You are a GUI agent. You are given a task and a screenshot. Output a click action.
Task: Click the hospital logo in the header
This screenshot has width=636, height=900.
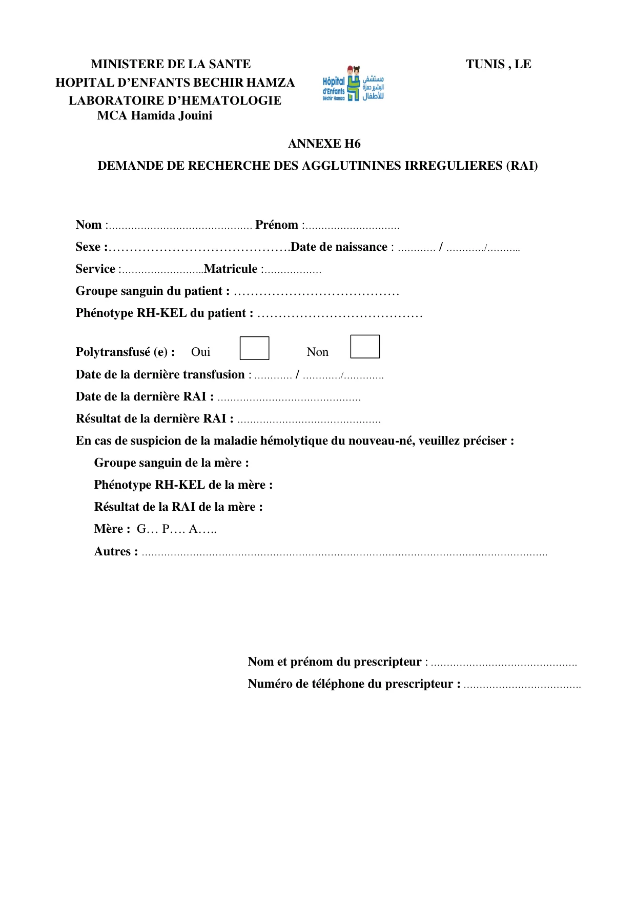coord(353,84)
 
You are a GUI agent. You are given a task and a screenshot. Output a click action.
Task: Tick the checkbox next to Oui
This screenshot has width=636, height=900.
coord(254,348)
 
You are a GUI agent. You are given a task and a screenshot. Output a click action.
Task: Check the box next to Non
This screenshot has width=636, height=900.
coord(365,347)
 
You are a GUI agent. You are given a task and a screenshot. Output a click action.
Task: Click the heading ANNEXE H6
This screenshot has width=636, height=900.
coord(324,144)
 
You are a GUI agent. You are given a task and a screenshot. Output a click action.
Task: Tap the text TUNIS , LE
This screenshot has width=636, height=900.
coord(498,64)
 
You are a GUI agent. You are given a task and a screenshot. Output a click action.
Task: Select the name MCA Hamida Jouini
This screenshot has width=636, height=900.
coord(155,115)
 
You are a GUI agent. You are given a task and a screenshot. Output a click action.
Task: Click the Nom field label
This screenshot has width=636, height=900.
coord(89,225)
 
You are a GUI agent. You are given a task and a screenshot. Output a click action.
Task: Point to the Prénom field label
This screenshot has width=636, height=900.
coord(277,225)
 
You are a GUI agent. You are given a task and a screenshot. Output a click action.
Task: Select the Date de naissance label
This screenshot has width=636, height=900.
coord(339,247)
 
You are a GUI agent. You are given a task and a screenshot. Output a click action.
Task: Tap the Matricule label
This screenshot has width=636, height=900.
coord(231,269)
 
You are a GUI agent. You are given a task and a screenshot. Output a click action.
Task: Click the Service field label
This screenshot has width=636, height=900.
coord(95,269)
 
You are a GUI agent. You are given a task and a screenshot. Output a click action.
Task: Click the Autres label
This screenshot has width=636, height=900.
coord(116,551)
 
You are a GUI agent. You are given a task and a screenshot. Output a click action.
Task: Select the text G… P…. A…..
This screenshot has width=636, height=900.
coord(176,529)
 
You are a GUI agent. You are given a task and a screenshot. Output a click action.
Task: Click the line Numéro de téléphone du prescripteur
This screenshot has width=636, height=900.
coord(354,684)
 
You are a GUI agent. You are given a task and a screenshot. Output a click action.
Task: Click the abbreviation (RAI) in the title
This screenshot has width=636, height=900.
coord(522,166)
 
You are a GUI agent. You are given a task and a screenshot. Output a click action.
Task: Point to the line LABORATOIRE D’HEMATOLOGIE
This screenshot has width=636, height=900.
coord(175,101)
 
